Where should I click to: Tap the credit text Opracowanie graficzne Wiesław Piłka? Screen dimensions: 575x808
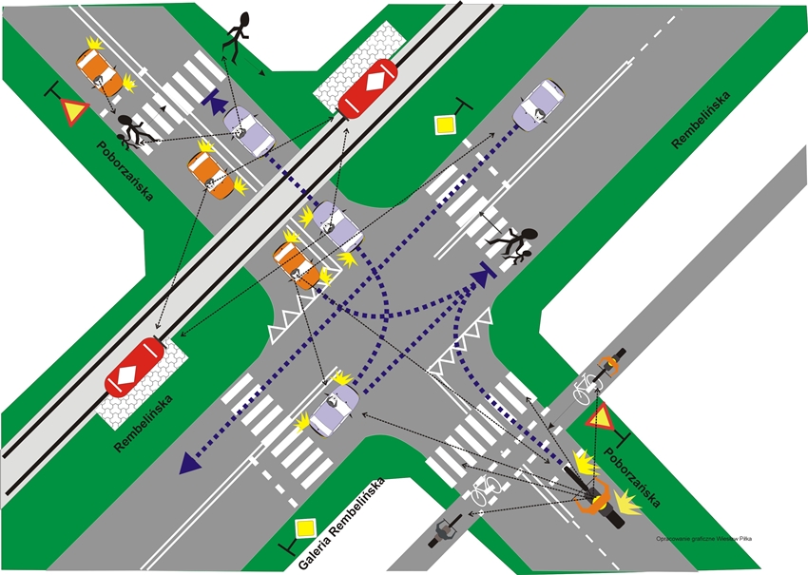[703, 538]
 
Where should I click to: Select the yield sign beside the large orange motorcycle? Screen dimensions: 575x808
[600, 416]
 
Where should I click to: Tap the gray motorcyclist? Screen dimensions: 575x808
[445, 530]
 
